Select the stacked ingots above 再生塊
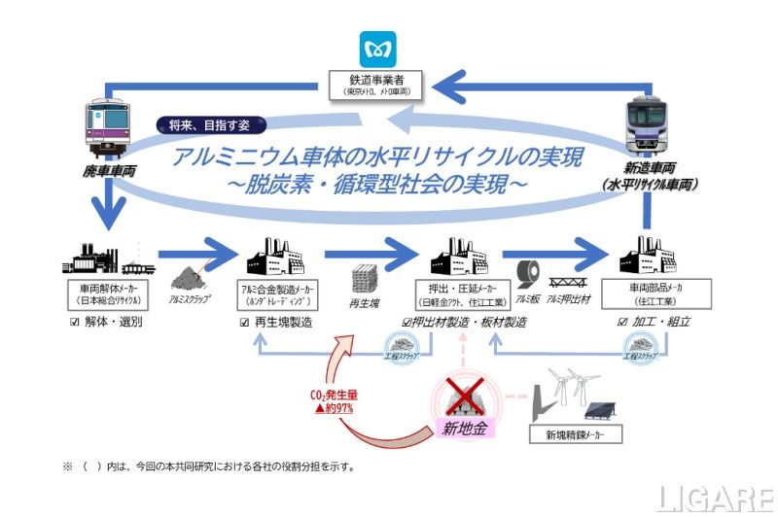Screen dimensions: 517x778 [369, 280]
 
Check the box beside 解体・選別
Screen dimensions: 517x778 [77, 322]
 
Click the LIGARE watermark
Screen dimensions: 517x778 [714, 498]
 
